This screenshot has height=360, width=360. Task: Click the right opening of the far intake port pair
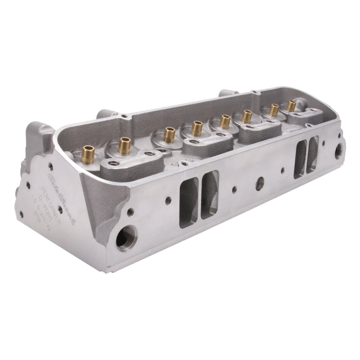point(312,153)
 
